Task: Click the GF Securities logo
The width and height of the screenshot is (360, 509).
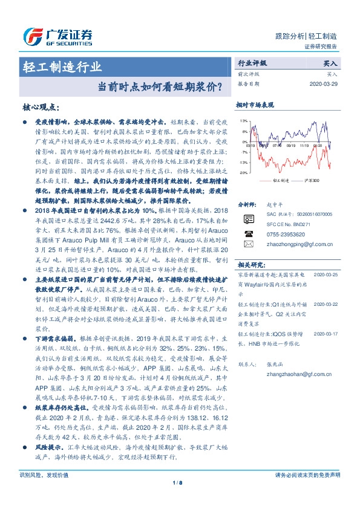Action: (x=57, y=37)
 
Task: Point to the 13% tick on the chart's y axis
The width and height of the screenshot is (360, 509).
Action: (x=243, y=121)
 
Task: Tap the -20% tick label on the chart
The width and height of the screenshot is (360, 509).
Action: (x=242, y=173)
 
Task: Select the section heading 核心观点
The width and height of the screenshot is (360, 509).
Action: (x=41, y=107)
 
